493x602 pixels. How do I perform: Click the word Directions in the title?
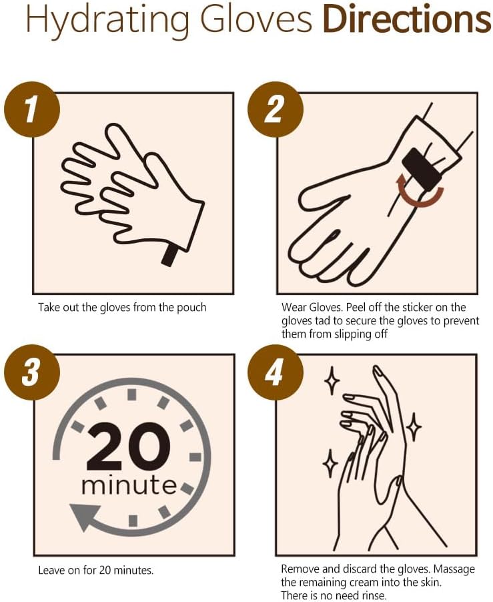click(x=406, y=21)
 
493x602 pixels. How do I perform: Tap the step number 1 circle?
click(x=31, y=109)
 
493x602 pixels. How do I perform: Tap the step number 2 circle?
click(x=274, y=109)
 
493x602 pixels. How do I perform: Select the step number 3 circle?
click(x=31, y=372)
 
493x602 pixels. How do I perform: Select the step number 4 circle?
click(x=274, y=372)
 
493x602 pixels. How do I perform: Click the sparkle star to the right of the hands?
click(x=414, y=427)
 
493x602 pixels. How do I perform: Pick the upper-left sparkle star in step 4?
click(x=331, y=380)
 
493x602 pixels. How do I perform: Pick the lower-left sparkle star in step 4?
click(x=330, y=463)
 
